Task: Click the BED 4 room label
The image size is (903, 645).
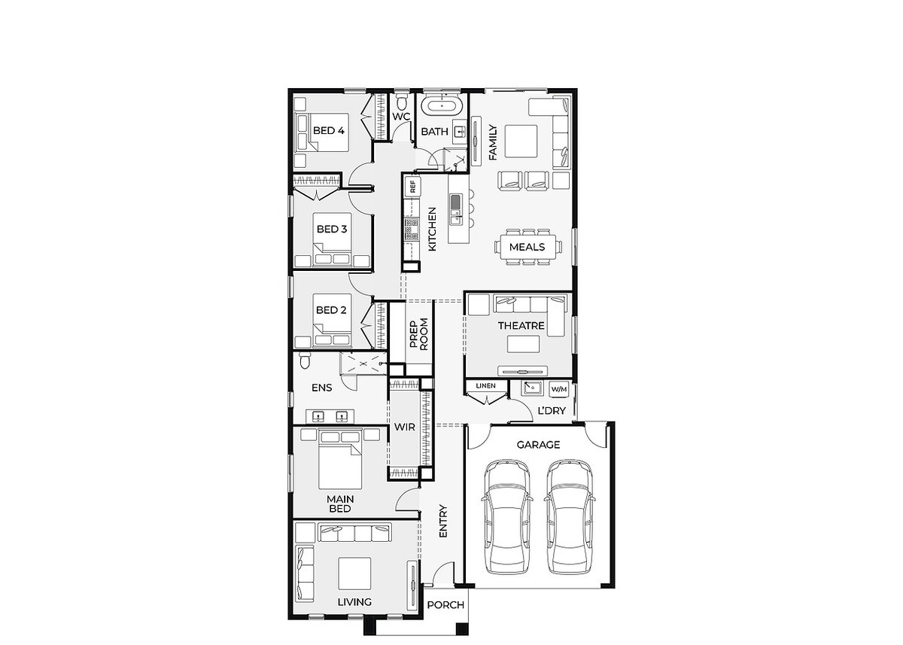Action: click(x=329, y=131)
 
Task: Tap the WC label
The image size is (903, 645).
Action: click(x=401, y=117)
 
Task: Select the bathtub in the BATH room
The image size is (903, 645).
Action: click(x=442, y=106)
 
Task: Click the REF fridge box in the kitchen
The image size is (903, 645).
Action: click(x=412, y=186)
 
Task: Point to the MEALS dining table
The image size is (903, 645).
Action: click(x=528, y=247)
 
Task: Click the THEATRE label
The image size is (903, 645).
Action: click(x=521, y=326)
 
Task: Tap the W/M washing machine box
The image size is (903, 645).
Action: click(x=559, y=389)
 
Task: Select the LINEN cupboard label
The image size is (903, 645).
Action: click(x=486, y=386)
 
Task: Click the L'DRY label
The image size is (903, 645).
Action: click(x=552, y=411)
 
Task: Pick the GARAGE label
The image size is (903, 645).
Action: click(x=538, y=445)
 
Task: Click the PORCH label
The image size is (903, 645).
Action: click(x=445, y=605)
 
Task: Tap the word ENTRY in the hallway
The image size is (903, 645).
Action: click(x=443, y=522)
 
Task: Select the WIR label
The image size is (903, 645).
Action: click(x=404, y=427)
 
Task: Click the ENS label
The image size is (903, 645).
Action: click(x=322, y=388)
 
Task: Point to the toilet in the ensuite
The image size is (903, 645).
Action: click(x=305, y=360)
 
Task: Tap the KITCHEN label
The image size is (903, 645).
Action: click(x=432, y=230)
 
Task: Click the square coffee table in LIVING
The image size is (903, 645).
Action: click(x=354, y=574)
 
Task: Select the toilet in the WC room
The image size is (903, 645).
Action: click(x=401, y=101)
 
